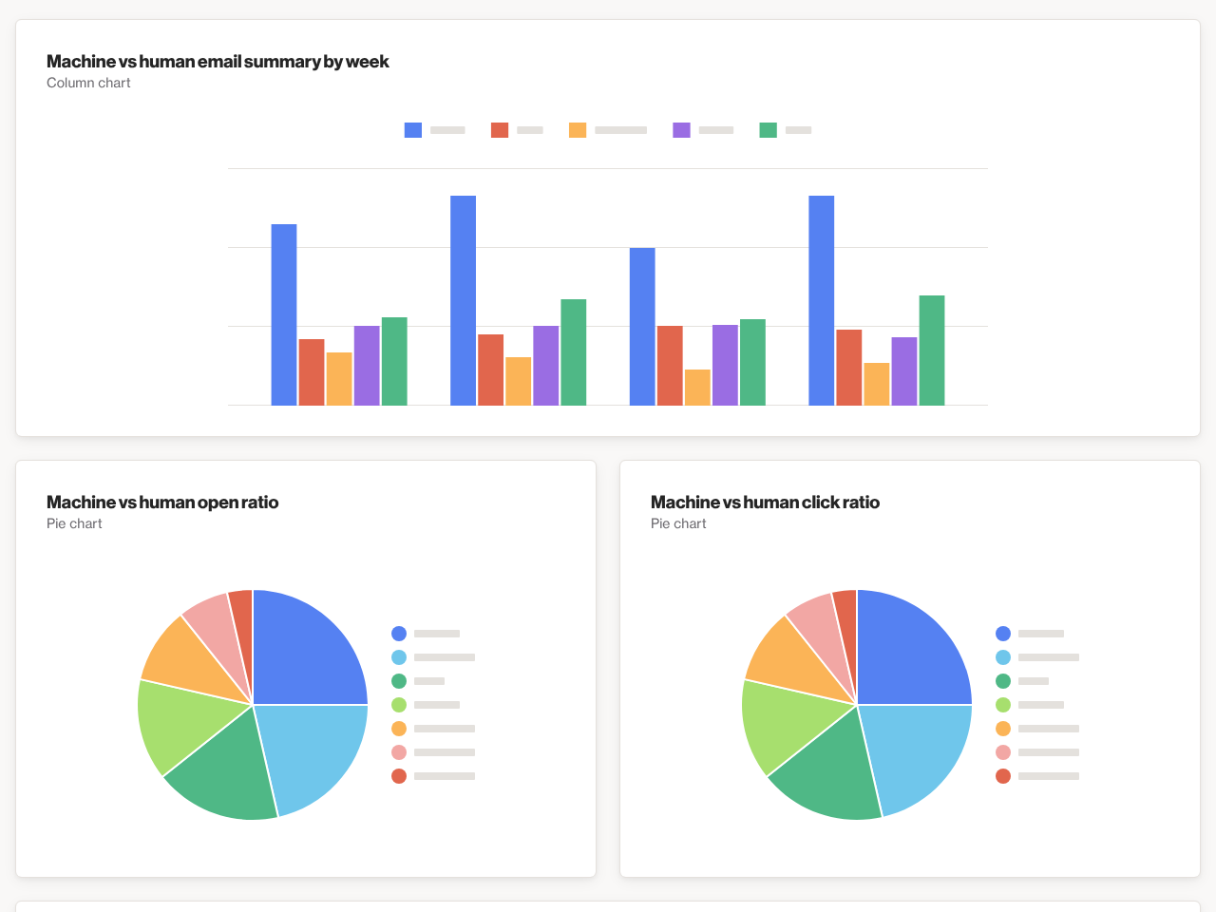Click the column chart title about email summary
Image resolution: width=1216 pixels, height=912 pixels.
click(x=218, y=62)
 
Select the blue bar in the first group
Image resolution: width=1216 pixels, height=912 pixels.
click(x=284, y=314)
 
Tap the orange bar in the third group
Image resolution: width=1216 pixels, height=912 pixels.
click(x=697, y=388)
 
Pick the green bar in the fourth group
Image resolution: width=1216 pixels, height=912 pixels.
click(x=932, y=351)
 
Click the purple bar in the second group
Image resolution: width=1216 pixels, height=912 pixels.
click(x=546, y=366)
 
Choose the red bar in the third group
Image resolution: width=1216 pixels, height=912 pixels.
click(x=670, y=366)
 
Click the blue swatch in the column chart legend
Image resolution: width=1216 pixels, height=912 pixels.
click(x=413, y=130)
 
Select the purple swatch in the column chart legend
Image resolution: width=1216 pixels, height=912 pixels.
click(x=681, y=130)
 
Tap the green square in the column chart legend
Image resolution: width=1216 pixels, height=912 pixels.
click(x=768, y=130)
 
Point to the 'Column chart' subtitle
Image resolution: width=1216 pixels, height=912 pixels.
click(x=88, y=83)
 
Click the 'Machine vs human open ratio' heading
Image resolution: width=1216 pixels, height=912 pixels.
click(x=162, y=503)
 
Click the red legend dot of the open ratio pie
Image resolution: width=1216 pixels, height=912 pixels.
click(x=399, y=776)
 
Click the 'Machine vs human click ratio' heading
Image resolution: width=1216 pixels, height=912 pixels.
click(x=765, y=503)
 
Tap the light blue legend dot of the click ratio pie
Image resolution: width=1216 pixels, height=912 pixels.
click(x=1003, y=657)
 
